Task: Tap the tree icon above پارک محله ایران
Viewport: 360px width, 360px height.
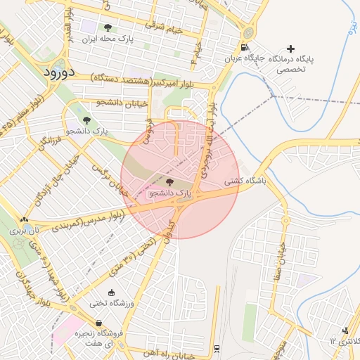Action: [x=108, y=27]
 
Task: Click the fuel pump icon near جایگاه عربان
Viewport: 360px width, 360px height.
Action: [x=244, y=48]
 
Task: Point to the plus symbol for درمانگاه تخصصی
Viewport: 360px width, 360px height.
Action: [x=290, y=49]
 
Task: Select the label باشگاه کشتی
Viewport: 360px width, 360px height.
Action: [x=245, y=181]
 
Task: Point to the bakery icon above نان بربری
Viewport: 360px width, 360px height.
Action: [x=25, y=220]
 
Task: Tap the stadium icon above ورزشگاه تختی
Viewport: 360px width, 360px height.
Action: [x=110, y=292]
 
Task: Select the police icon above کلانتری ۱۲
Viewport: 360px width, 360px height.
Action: [x=345, y=330]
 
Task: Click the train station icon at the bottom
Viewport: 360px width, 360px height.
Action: [x=217, y=348]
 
